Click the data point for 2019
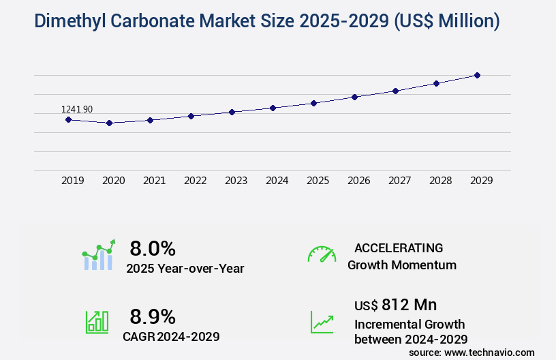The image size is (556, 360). pos(68,119)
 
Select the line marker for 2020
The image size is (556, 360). pos(109,123)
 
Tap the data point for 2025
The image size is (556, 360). pos(313,103)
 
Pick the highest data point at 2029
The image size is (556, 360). pos(477,75)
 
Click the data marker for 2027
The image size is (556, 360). pos(395,91)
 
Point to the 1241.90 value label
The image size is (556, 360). pos(77,109)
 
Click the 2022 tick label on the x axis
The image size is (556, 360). pos(195,181)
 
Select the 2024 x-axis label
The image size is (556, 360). pos(277,181)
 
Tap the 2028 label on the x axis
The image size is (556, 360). pos(440,181)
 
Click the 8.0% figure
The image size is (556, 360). pos(153,247)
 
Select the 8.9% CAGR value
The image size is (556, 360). pos(153,316)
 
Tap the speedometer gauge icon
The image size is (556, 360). pos(322,254)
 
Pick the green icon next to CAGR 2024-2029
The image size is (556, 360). pos(97,322)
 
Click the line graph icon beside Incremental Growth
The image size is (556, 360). pos(322,322)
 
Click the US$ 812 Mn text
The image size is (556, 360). pos(396,304)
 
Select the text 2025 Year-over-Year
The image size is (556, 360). pos(185,268)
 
